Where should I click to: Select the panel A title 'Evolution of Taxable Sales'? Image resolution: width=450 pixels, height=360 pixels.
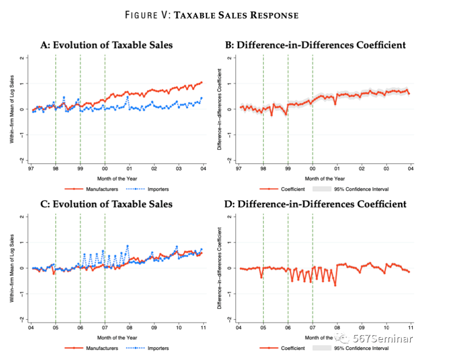[106, 45]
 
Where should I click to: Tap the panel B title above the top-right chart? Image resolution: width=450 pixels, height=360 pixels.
[315, 45]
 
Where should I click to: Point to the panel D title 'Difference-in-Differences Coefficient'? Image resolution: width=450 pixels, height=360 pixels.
[315, 204]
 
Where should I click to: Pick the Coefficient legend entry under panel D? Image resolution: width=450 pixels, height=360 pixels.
[293, 348]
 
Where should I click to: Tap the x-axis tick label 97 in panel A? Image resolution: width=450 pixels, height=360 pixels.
[31, 169]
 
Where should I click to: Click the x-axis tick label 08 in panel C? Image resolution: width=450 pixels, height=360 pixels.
[129, 328]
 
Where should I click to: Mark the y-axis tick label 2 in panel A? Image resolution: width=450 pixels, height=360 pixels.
[23, 58]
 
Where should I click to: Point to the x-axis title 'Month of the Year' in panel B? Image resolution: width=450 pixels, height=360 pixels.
[324, 178]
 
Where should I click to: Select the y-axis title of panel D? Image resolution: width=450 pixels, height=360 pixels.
[220, 268]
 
